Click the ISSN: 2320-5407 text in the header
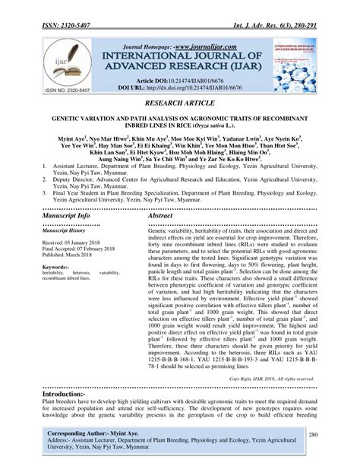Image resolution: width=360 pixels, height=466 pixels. [x=69, y=9]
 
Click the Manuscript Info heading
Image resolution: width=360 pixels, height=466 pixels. [x=68, y=216]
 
